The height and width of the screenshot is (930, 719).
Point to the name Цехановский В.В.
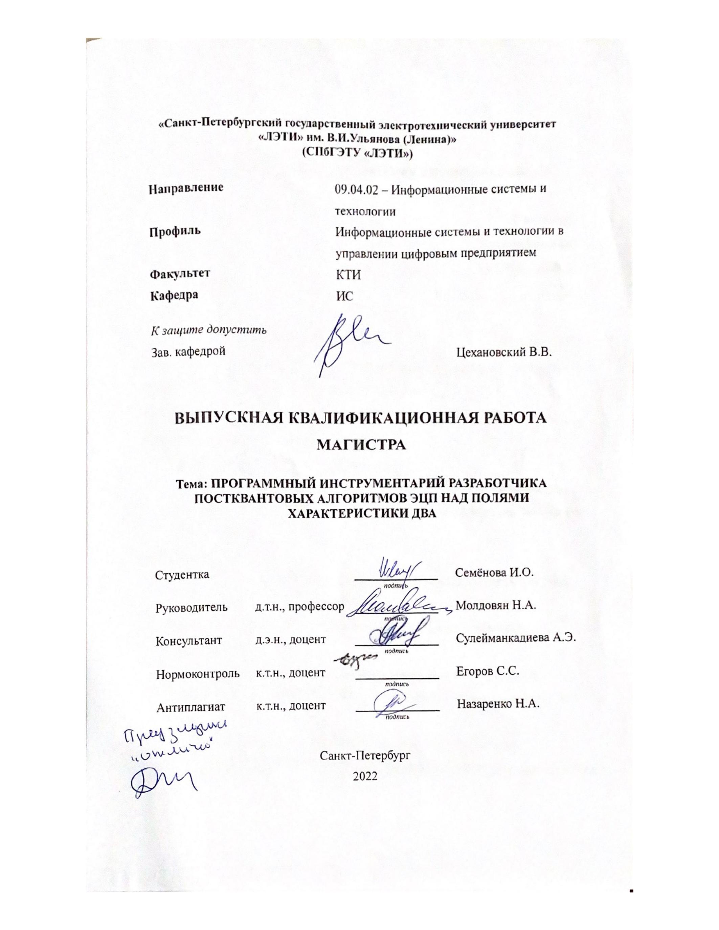pos(504,352)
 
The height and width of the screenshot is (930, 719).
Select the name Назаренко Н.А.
pos(498,703)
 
